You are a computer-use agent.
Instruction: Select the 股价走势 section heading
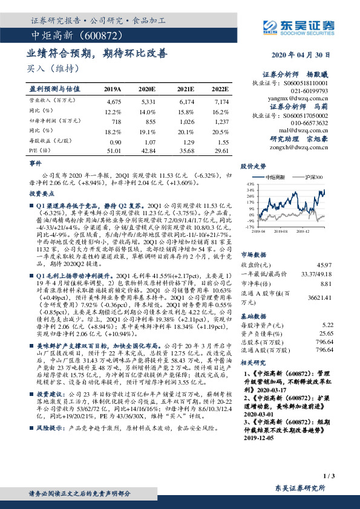(254, 165)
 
